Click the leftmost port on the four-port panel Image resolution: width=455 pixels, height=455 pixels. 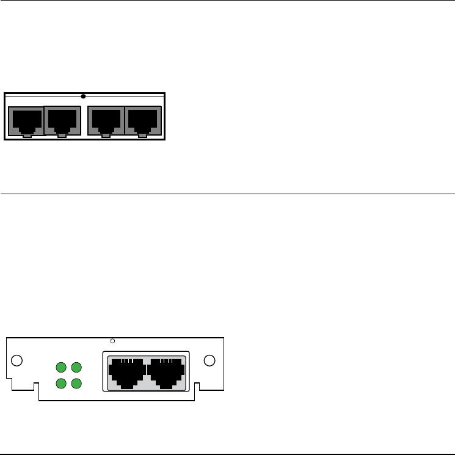(25, 121)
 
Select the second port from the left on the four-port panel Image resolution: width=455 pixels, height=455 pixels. (63, 121)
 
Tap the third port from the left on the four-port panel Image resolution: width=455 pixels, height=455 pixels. (106, 121)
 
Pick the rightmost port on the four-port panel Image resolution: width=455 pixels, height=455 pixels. (143, 121)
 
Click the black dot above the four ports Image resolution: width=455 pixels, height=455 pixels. (83, 96)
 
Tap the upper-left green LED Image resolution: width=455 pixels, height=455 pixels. (61, 368)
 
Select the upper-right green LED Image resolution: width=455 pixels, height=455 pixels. (76, 368)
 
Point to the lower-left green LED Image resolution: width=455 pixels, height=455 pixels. (61, 383)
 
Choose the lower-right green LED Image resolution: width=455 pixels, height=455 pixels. (76, 383)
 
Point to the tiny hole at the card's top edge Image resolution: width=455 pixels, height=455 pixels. (112, 341)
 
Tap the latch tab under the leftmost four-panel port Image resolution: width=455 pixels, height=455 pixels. (26, 136)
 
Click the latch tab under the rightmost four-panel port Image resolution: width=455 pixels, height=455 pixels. (143, 136)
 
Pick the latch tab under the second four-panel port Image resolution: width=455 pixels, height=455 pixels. (63, 136)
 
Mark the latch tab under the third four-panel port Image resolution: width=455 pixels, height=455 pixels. (106, 136)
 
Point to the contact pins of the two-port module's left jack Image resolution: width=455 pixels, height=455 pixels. (127, 362)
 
